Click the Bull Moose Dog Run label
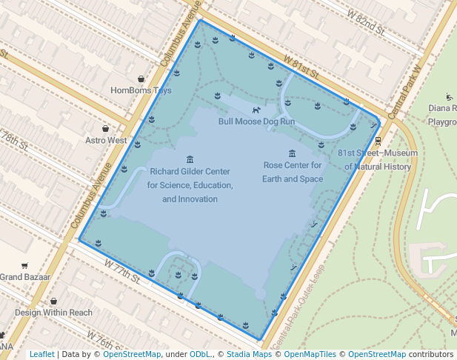click(x=256, y=121)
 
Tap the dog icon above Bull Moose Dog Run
click(x=256, y=110)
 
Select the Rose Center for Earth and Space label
click(x=293, y=172)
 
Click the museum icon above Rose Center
click(x=293, y=153)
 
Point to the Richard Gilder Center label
click(x=190, y=184)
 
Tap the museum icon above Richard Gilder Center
click(x=190, y=159)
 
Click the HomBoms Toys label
click(x=141, y=90)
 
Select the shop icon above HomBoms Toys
click(x=141, y=79)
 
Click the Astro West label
click(x=106, y=140)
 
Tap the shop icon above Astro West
click(x=106, y=128)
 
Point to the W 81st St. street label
click(x=301, y=67)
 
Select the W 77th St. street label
click(x=122, y=271)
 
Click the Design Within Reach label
click(x=53, y=313)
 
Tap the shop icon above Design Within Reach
click(x=53, y=301)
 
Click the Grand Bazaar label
click(x=24, y=276)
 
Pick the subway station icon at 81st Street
click(x=378, y=140)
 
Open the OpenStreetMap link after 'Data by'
click(x=131, y=354)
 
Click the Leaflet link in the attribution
click(x=41, y=354)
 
